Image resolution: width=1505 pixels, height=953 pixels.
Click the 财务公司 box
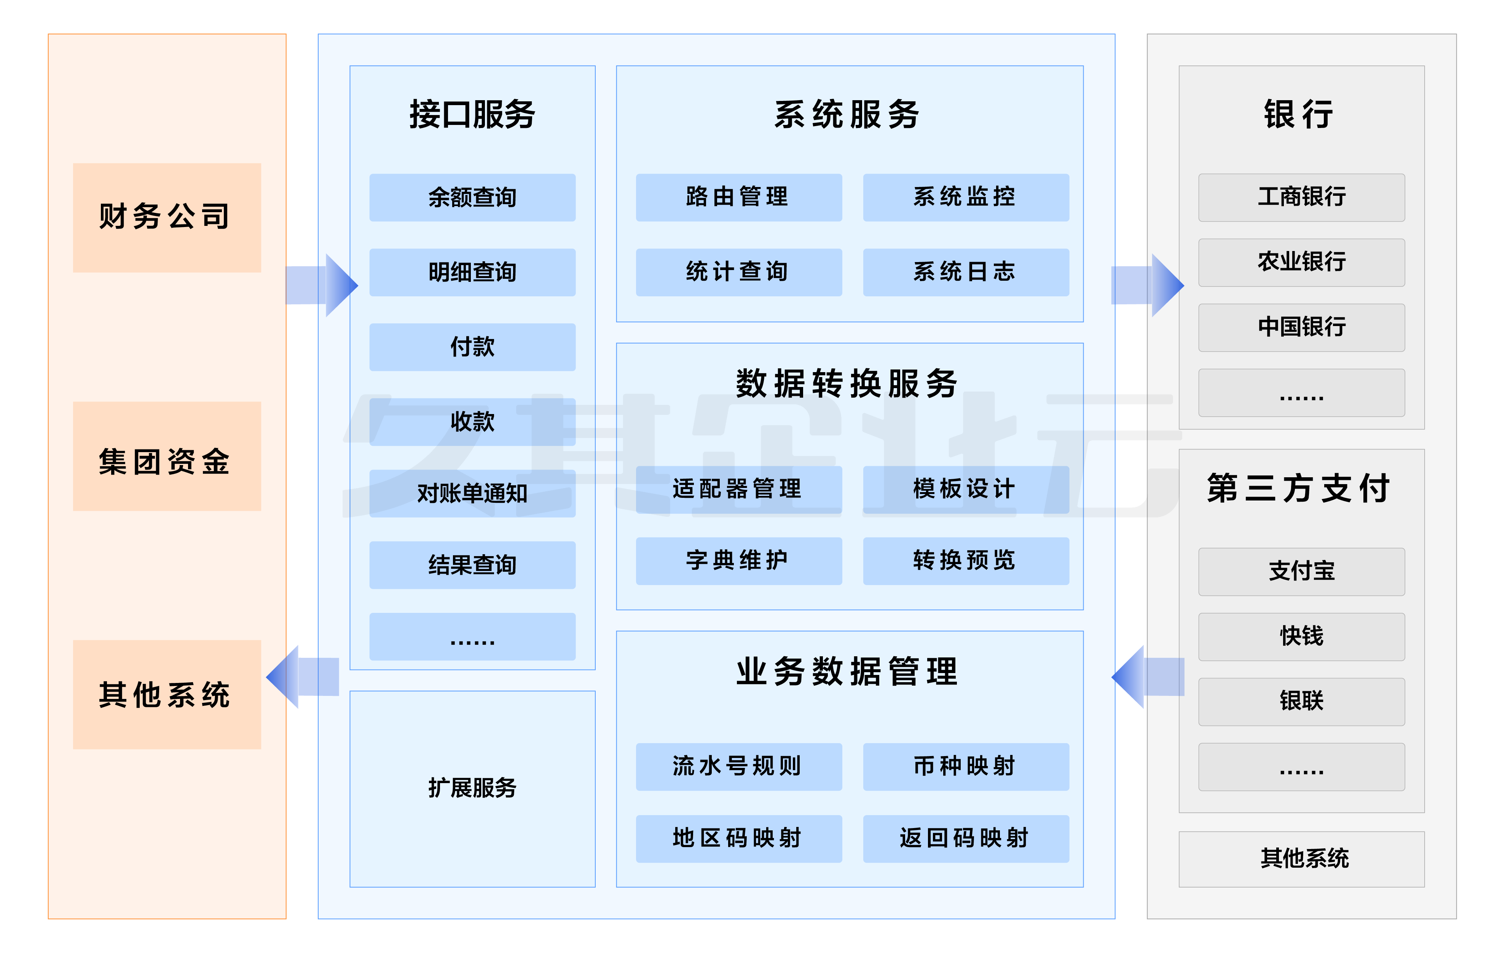(x=166, y=217)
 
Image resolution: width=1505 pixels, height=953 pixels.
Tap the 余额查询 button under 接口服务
(x=472, y=198)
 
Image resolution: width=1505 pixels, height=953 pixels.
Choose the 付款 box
(x=472, y=347)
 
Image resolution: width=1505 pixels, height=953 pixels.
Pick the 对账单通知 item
(x=472, y=493)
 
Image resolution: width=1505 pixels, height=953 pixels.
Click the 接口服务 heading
(x=472, y=114)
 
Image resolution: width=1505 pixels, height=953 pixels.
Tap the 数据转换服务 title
(x=848, y=383)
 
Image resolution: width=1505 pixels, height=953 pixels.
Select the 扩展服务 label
(x=472, y=788)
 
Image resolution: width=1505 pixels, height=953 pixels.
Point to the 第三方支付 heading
(x=1299, y=488)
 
